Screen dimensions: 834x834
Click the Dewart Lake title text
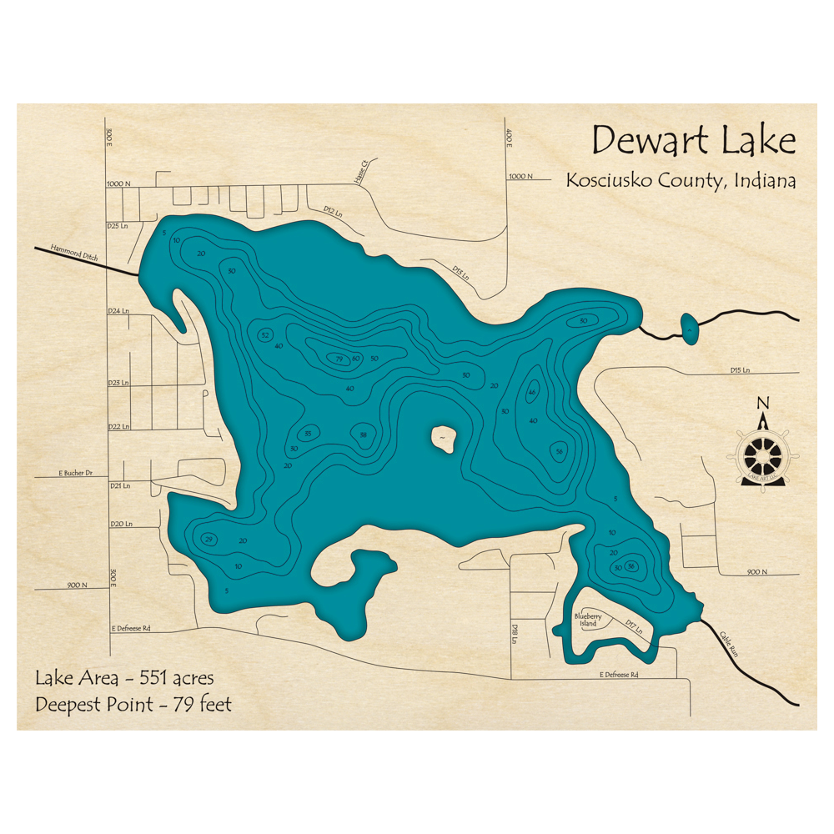click(693, 141)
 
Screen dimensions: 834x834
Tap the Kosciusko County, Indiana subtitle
click(680, 179)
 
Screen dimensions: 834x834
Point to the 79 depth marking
click(339, 359)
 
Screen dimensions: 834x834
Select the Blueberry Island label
click(587, 620)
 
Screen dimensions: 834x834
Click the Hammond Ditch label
click(74, 253)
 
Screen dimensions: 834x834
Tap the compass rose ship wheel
click(762, 455)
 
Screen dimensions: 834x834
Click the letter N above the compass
click(762, 404)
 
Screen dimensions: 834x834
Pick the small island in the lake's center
click(443, 437)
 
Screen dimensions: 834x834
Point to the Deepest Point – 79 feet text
click(133, 705)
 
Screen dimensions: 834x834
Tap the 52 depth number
click(265, 334)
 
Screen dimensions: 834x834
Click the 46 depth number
click(532, 393)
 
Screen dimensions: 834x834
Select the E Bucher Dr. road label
click(76, 473)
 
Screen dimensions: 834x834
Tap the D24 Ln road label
click(119, 310)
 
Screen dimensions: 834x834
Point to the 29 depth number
click(208, 538)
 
